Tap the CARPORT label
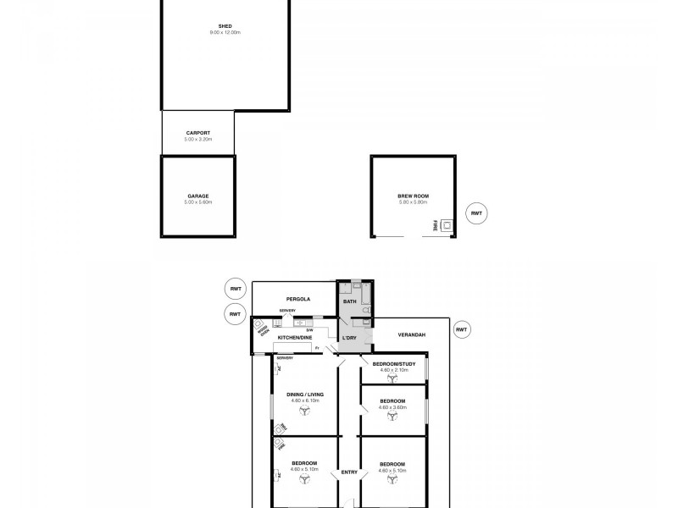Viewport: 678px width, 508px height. [197, 132]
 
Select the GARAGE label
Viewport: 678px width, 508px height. [198, 196]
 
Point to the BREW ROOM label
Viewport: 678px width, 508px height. [413, 196]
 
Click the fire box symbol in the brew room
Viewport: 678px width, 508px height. [446, 225]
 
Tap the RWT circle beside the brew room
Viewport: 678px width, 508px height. [476, 213]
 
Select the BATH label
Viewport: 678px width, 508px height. [348, 301]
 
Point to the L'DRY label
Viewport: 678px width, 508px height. [348, 339]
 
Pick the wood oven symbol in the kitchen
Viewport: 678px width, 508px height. [258, 323]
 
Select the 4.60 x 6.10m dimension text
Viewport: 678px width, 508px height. [302, 400]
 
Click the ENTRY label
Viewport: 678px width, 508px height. [347, 472]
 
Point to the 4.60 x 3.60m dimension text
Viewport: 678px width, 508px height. [392, 406]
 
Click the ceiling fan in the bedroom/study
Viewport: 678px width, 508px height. [392, 380]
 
